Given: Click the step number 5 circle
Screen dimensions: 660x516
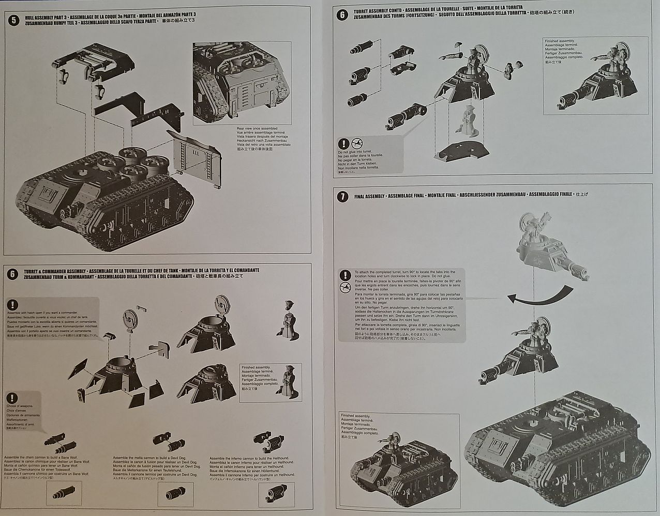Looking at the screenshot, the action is click(13, 21).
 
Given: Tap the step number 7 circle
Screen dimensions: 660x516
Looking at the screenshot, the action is click(341, 196).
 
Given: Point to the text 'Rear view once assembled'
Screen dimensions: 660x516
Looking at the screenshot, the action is click(250, 128).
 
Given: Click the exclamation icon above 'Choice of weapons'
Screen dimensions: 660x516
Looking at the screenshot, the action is click(12, 398).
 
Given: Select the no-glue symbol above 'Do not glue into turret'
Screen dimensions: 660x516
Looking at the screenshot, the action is click(356, 143).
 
